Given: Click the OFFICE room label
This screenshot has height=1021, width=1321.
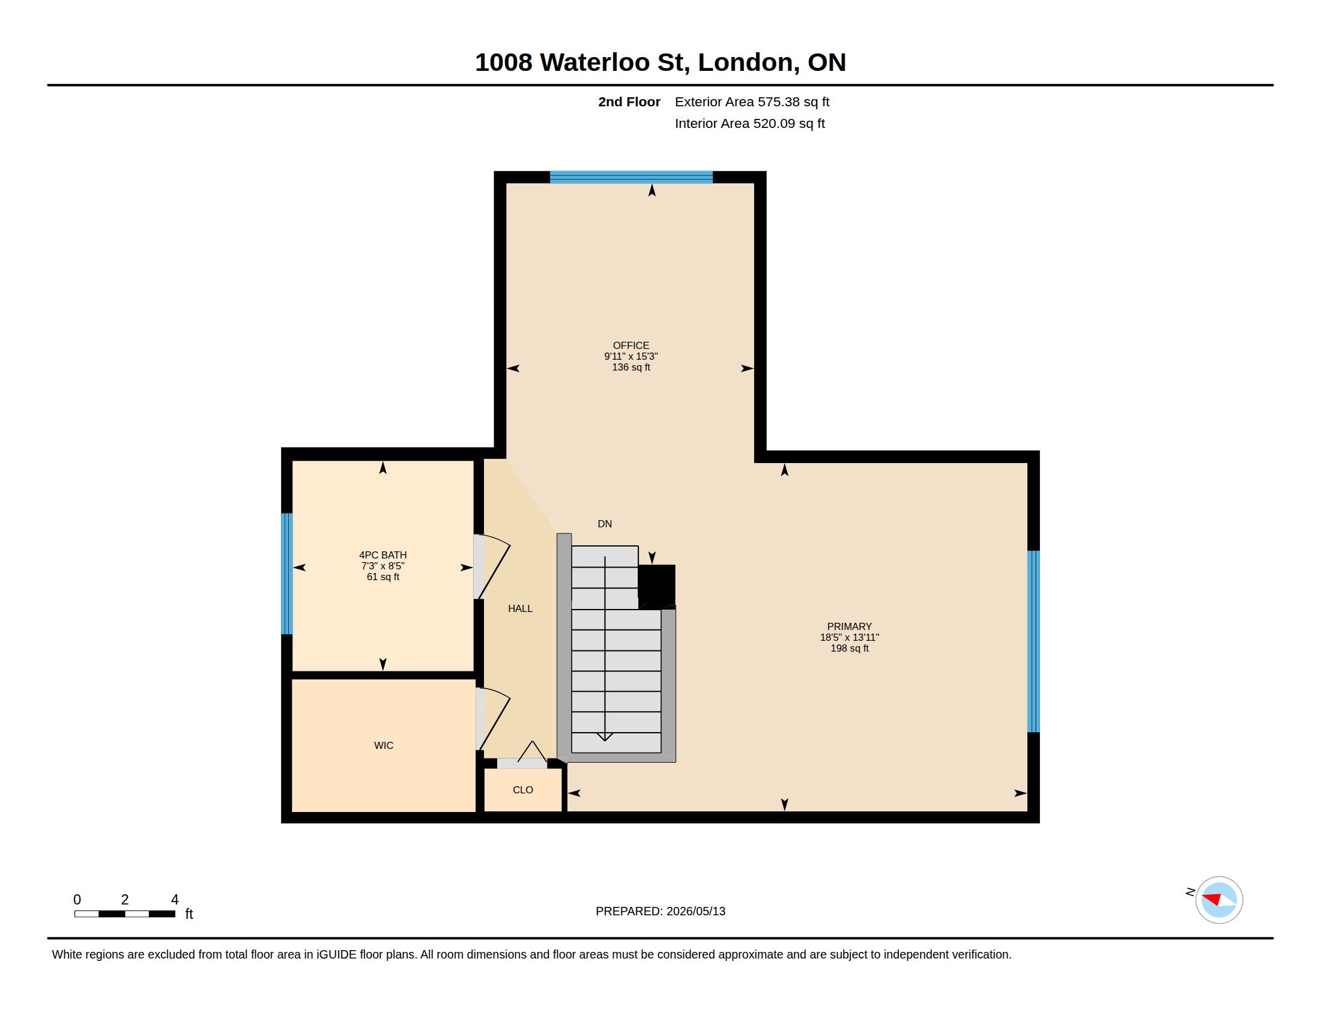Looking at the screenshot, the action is coord(631,345).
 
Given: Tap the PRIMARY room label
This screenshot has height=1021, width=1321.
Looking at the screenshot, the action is coord(849,626).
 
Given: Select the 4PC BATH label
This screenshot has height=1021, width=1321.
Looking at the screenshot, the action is coord(383,556).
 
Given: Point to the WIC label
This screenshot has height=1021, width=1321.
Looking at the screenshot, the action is coord(384,745).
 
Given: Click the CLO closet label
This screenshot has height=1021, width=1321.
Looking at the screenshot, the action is coord(522,790).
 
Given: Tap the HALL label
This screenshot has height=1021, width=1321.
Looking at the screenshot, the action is coord(520,608).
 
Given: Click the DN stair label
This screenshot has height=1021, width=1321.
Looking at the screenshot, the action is coord(605,524).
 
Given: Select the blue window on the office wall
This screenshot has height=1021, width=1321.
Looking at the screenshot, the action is coord(631,177).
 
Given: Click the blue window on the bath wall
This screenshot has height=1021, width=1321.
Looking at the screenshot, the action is coord(287,574).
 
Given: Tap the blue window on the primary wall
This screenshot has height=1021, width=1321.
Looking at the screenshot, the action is coord(1034,641).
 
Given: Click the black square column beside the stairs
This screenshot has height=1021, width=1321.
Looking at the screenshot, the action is coord(657,586).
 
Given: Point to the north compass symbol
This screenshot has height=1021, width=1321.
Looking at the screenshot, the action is coord(1218,900).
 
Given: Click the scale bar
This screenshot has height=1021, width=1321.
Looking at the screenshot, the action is coord(125,913).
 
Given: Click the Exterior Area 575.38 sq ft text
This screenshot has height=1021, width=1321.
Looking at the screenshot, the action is coord(752,101).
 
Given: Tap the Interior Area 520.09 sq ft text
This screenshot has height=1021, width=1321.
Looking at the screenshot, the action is coord(749,123).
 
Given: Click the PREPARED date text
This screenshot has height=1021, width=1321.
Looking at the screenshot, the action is coord(660,911).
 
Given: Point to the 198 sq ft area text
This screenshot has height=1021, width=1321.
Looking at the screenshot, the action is coord(849,649).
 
